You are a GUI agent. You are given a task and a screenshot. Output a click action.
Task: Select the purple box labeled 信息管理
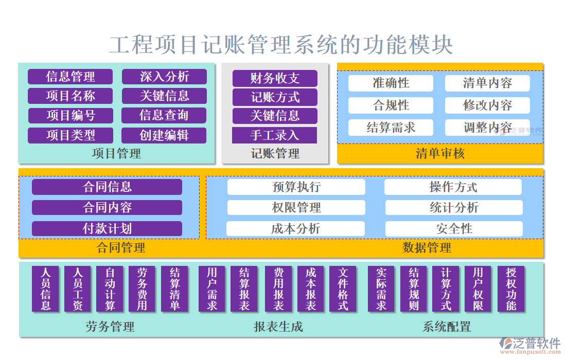(x=70, y=77)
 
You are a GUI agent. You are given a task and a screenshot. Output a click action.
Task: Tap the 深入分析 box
(x=164, y=77)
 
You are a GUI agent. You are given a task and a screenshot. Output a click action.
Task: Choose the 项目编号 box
(x=70, y=115)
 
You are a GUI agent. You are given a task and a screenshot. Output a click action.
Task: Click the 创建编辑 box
(x=164, y=135)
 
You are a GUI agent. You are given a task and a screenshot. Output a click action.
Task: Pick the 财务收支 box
(x=275, y=78)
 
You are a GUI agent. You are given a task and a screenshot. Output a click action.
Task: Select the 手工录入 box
(x=275, y=135)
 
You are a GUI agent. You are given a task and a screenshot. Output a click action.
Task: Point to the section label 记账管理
(x=275, y=153)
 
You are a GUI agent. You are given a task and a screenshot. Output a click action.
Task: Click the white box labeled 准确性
(x=391, y=83)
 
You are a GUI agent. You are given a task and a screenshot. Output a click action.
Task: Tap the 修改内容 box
(x=487, y=105)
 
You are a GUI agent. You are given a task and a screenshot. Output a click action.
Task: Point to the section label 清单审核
(x=440, y=153)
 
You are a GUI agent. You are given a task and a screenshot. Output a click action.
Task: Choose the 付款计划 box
(x=107, y=228)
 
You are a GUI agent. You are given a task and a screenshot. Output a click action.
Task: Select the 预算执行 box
(x=296, y=187)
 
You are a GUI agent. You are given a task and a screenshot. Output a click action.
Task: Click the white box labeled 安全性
(x=454, y=228)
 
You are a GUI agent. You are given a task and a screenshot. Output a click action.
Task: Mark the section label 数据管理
(x=427, y=248)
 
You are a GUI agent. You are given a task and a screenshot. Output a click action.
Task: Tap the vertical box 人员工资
(x=78, y=289)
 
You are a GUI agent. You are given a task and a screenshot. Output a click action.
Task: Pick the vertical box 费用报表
(x=278, y=289)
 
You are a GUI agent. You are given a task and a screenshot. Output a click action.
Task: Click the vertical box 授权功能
(x=511, y=289)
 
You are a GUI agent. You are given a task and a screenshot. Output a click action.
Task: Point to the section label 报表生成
(x=278, y=327)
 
